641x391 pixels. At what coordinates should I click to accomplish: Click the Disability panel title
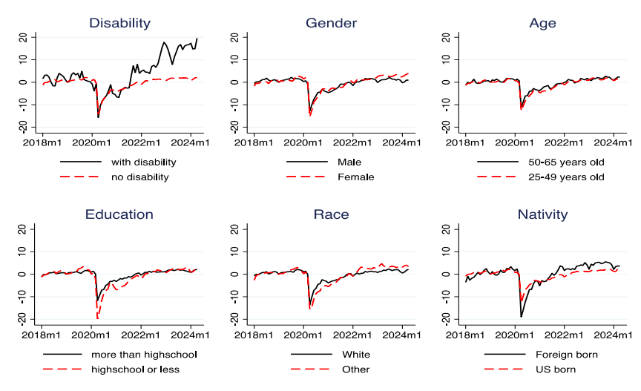(x=119, y=23)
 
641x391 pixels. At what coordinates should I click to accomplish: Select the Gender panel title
(x=331, y=23)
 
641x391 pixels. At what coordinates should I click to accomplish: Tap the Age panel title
(x=542, y=23)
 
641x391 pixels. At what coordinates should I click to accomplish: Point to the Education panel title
(x=119, y=214)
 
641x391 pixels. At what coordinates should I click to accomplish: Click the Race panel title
(x=331, y=214)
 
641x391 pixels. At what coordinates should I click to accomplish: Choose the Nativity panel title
(x=542, y=214)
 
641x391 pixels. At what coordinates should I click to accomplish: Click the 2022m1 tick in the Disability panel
(x=141, y=141)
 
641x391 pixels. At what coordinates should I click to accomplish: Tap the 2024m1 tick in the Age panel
(x=614, y=141)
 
